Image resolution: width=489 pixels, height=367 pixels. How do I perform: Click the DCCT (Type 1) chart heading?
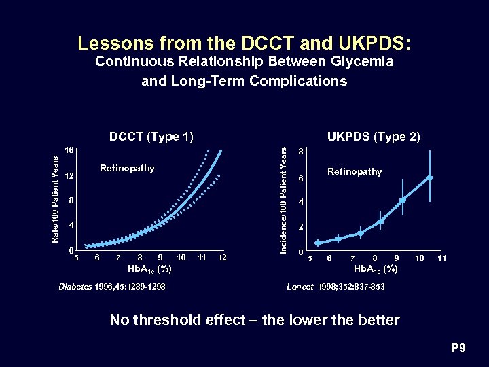[151, 137]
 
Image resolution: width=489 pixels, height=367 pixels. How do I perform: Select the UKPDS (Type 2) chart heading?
[374, 137]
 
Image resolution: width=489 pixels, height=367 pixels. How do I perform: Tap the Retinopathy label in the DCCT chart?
[127, 168]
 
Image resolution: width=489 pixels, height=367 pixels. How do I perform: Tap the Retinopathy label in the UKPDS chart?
[355, 171]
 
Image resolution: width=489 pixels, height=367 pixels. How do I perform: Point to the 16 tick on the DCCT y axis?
[69, 150]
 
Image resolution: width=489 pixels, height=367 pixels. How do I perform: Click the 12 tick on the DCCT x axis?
[222, 257]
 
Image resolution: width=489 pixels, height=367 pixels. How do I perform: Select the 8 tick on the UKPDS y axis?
[301, 152]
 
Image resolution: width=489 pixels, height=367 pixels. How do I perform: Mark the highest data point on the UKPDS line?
[429, 178]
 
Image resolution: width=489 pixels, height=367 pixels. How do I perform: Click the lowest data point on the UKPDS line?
[317, 243]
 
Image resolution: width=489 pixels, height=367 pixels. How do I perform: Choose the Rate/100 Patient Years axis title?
[57, 198]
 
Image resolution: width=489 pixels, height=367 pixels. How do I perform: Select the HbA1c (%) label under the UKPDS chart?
[375, 269]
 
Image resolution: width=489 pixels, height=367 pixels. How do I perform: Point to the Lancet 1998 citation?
[336, 287]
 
